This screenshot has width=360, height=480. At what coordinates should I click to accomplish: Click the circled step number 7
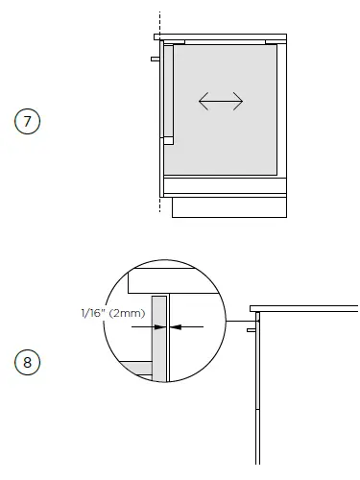[27, 122]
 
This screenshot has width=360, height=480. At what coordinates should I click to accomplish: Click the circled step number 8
[27, 363]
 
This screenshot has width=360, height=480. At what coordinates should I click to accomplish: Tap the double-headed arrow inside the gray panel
[221, 102]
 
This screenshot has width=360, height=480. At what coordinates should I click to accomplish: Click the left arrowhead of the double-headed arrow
[203, 102]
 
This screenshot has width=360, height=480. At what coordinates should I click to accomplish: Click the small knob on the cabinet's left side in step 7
[154, 59]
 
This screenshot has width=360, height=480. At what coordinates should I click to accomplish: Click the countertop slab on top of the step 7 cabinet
[220, 36]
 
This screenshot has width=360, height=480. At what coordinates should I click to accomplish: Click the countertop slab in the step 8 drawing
[303, 308]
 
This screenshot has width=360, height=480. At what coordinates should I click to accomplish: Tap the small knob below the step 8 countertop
[251, 329]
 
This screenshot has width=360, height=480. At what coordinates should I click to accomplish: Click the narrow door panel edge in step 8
[258, 384]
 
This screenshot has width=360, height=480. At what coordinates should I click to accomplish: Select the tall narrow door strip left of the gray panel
[168, 91]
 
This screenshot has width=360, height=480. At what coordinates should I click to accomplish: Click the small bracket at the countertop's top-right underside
[272, 42]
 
